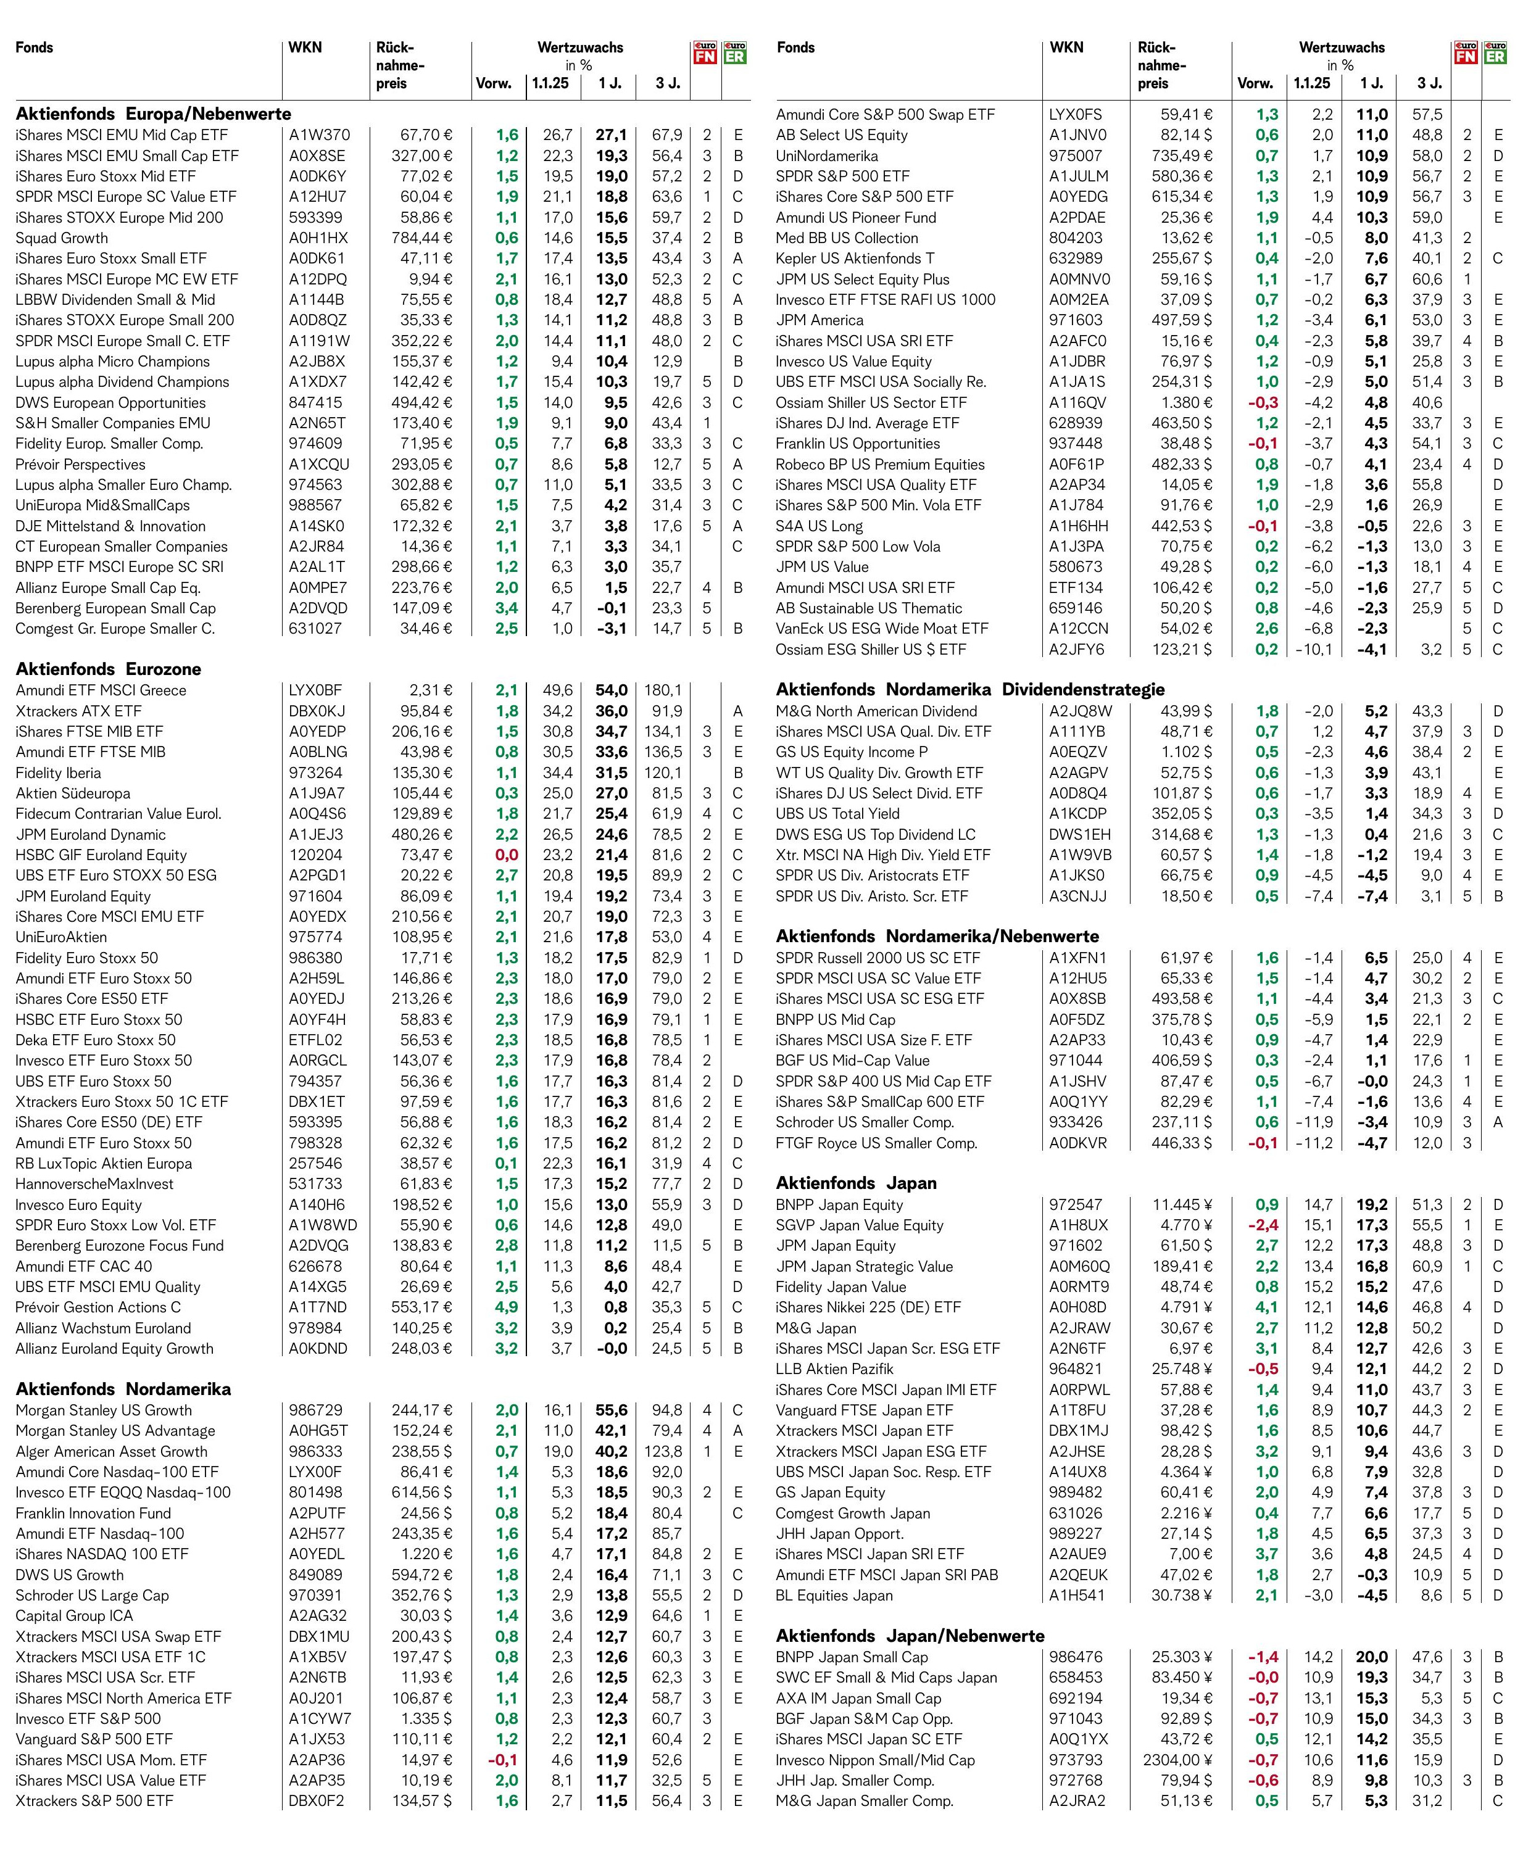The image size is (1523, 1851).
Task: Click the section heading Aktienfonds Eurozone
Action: click(x=109, y=668)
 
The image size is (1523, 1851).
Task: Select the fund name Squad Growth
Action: click(x=62, y=238)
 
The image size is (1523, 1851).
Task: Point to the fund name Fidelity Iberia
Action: click(x=58, y=773)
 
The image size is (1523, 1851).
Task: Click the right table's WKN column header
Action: click(x=1067, y=48)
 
